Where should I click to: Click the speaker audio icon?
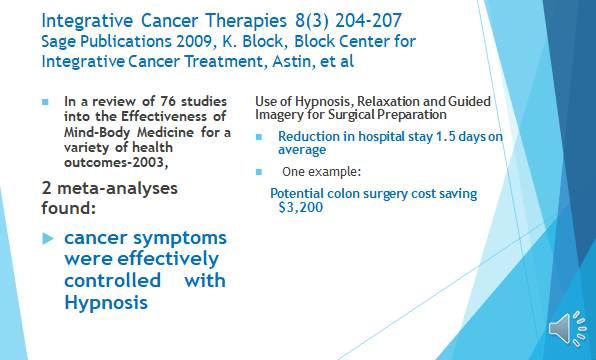coord(567,329)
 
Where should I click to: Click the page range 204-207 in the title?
coord(368,21)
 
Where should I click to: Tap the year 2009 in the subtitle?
coord(194,41)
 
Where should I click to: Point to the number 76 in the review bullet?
coord(168,101)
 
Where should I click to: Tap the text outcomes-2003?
coord(116,162)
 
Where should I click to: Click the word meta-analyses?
coord(117,188)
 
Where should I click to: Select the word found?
coord(68,208)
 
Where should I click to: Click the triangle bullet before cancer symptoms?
coord(48,239)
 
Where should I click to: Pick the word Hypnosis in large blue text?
coord(106,303)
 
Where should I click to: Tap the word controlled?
coord(113,281)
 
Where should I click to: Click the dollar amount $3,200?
coord(301,207)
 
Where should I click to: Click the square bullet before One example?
coord(259,172)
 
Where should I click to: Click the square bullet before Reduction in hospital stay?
coord(259,137)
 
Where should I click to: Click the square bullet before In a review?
coord(45,102)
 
